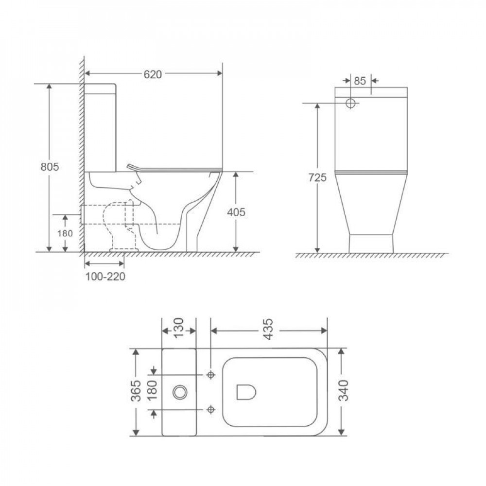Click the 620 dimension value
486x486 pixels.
(x=153, y=74)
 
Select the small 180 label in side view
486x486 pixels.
(x=65, y=233)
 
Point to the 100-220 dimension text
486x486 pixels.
(x=105, y=277)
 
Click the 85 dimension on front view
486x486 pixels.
(x=360, y=81)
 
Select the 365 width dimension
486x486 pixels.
(x=137, y=391)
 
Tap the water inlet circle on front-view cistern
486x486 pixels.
(x=351, y=103)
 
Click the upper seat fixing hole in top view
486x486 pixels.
(x=210, y=375)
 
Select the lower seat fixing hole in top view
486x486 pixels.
(x=210, y=409)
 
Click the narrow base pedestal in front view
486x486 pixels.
(x=371, y=243)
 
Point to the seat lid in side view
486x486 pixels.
(x=175, y=168)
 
